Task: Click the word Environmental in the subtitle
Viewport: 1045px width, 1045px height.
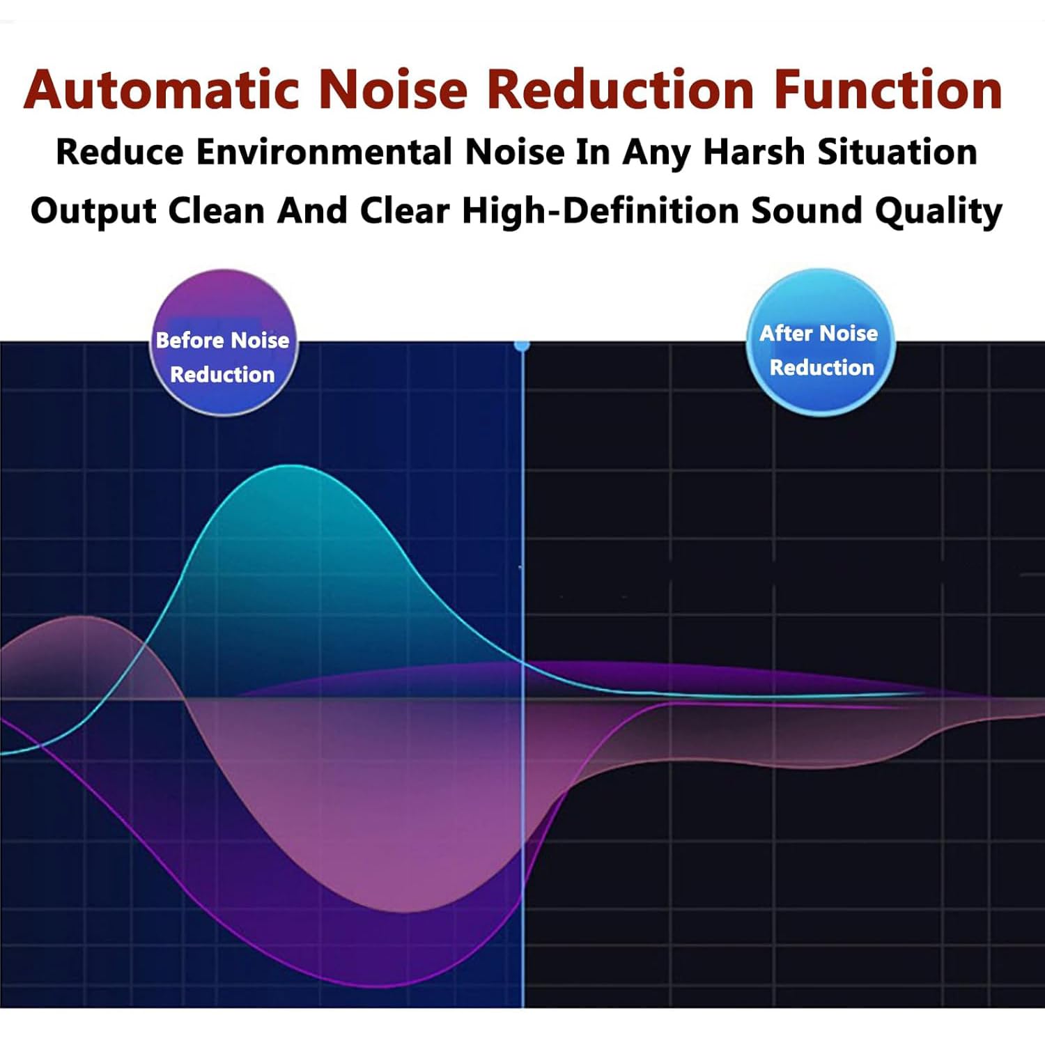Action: pos(324,152)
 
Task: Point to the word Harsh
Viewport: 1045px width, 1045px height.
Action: pos(754,152)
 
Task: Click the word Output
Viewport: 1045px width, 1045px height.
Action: pos(93,210)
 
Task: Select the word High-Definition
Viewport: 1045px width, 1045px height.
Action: pos(600,210)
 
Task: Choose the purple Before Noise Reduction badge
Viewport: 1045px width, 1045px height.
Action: pos(223,343)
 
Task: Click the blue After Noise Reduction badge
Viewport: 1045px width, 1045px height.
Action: pos(820,343)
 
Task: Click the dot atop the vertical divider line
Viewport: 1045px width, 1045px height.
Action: pos(522,345)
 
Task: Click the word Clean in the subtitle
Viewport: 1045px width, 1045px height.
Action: pos(216,210)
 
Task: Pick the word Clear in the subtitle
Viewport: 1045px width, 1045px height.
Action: pos(404,210)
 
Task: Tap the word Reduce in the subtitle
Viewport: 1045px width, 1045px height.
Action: pos(120,152)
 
